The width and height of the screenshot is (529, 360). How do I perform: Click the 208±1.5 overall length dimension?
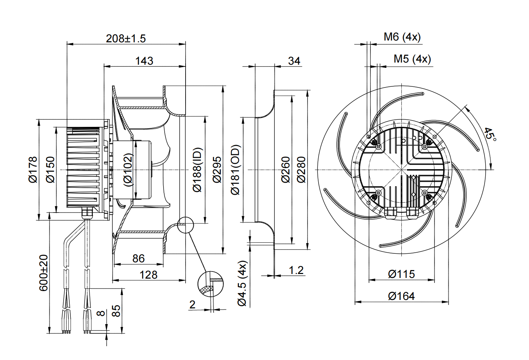point(126,38)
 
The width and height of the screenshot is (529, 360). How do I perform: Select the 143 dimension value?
point(144,61)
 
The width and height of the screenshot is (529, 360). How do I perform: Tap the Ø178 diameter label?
point(33,170)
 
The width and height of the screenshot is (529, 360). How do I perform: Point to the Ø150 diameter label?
point(50,170)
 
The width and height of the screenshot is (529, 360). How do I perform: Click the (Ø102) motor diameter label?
point(128,170)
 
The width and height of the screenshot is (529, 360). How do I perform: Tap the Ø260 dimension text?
point(285,170)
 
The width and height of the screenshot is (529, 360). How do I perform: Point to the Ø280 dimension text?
point(301,170)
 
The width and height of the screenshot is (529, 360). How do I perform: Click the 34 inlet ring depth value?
point(294,61)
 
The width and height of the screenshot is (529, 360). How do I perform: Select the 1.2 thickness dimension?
point(296,270)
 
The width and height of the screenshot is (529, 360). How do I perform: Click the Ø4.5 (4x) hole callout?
point(242,283)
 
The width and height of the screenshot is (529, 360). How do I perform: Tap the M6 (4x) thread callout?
point(402,37)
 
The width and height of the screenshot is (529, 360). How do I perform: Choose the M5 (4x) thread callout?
point(412,59)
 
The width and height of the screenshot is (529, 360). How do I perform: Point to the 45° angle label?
point(490,134)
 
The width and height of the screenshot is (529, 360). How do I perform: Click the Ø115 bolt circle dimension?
point(401,274)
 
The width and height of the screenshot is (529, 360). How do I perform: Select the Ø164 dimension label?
point(401,296)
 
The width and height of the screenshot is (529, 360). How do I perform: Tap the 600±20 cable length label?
point(43,273)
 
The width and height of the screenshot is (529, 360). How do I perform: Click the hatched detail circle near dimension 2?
point(210,284)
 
